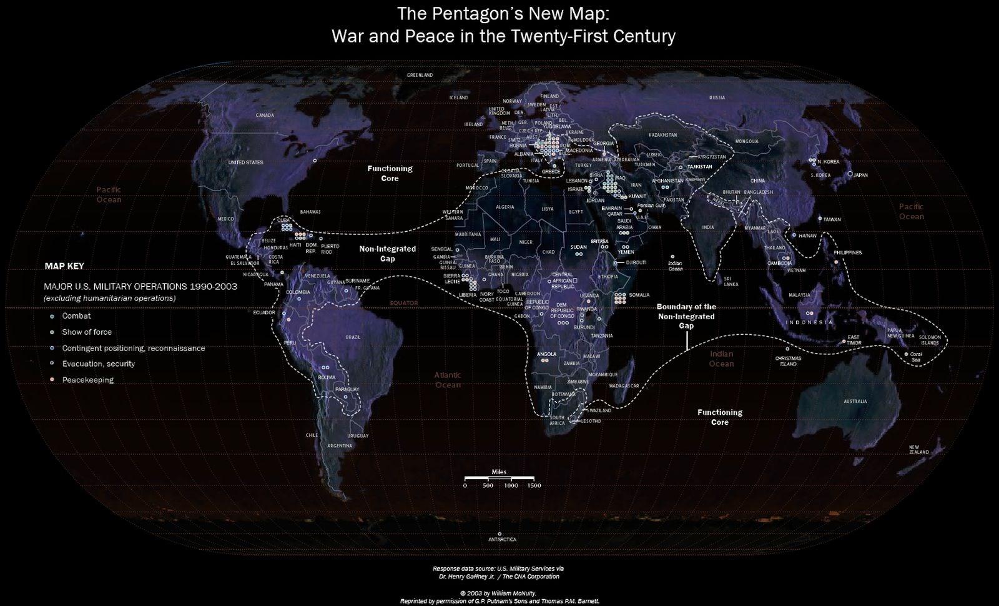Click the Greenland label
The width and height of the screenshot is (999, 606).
(420, 75)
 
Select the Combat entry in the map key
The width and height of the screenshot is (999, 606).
(76, 316)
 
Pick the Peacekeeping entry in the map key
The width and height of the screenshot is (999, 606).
(87, 380)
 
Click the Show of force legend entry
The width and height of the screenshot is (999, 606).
(87, 332)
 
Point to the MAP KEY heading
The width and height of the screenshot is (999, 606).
(64, 266)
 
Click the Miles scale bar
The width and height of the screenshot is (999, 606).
(499, 478)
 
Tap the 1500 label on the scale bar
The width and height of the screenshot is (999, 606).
(533, 485)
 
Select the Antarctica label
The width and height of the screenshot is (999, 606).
(503, 539)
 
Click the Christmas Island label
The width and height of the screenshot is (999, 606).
(787, 361)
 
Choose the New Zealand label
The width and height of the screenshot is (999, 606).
(918, 450)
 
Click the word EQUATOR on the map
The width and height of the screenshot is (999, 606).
(403, 303)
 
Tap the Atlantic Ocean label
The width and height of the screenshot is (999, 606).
(448, 380)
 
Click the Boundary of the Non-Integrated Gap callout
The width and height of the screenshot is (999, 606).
(686, 316)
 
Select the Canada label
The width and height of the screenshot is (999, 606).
(265, 116)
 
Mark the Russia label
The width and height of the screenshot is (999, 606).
(717, 97)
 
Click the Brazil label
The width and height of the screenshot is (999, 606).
(353, 337)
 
